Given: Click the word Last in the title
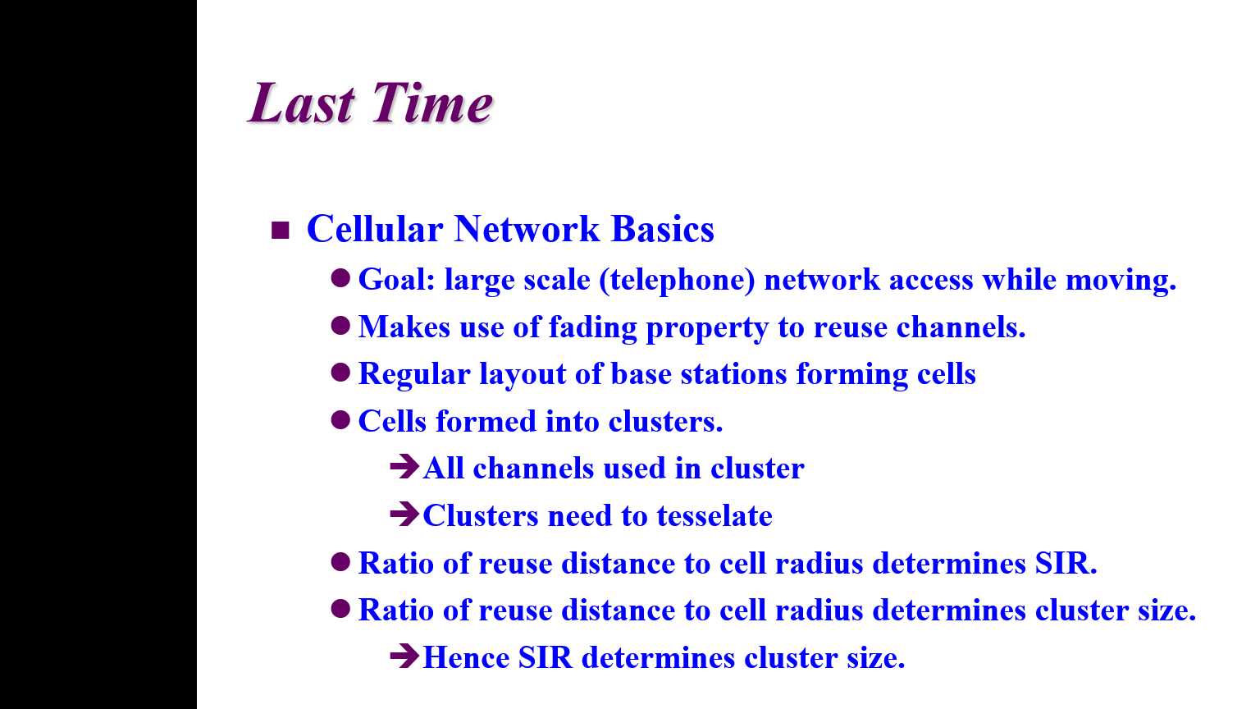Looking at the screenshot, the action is [302, 103].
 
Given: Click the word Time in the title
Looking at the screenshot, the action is [432, 103].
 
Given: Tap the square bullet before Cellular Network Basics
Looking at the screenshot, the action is [280, 230].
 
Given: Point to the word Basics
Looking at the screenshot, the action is [663, 229].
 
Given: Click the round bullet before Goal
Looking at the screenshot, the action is [341, 278].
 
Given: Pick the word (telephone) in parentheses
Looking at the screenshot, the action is [677, 280].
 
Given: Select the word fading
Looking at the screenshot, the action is [593, 327].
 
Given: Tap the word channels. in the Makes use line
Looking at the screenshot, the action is [961, 327].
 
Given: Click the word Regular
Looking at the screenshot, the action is [414, 374].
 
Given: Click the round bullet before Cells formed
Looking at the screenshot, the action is [341, 420].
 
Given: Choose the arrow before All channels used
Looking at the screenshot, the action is [404, 466].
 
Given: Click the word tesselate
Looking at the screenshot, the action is [714, 516].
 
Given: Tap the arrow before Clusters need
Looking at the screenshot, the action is [404, 514].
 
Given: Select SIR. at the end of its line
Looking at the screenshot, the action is [1066, 563].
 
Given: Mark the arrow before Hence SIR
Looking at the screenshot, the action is [404, 655].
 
